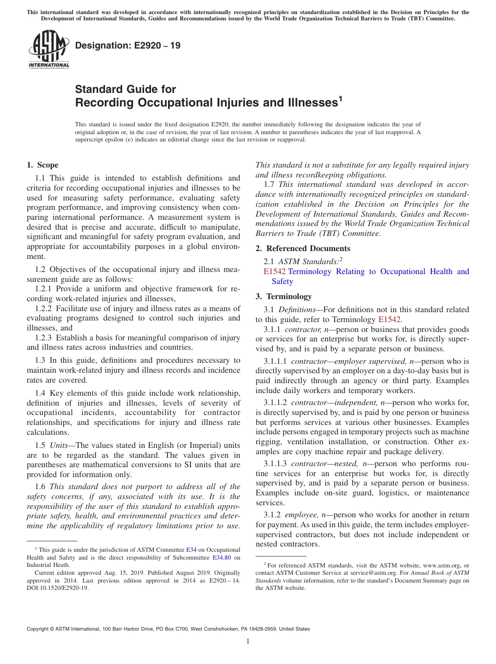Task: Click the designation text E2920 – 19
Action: [128, 46]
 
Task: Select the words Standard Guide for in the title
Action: [125, 89]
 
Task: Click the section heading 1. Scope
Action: [42, 165]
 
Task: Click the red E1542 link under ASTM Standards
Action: [274, 271]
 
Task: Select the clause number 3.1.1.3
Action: [276, 464]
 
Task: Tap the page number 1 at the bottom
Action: [248, 642]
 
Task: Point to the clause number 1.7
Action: [270, 184]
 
